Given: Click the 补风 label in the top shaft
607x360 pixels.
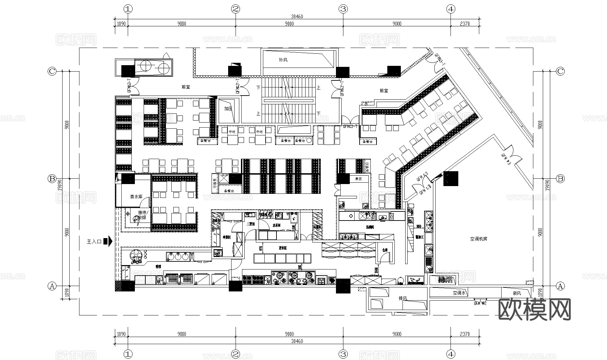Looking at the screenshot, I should pos(283,60).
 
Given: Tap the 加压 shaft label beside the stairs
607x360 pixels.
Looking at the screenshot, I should pos(228,109).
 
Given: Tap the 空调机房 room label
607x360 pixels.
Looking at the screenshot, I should pos(478,239).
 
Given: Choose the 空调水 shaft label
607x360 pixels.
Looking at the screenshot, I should pos(459,293).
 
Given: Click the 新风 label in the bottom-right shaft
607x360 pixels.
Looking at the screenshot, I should pos(517,293).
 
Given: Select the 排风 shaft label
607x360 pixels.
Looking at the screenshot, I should pos(403,299).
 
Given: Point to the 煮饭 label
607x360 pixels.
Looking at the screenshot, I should pos(358,179).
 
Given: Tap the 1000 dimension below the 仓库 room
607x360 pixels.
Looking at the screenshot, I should pos(377,270).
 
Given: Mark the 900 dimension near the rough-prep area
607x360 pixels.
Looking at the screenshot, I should pos(418,226).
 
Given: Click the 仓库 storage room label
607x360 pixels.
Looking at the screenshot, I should pos(385,250).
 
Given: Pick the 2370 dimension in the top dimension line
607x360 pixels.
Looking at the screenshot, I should pos(465,24).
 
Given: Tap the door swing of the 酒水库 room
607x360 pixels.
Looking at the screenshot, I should pos(145,202).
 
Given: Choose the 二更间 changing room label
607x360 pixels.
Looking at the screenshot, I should pos(250,224).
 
